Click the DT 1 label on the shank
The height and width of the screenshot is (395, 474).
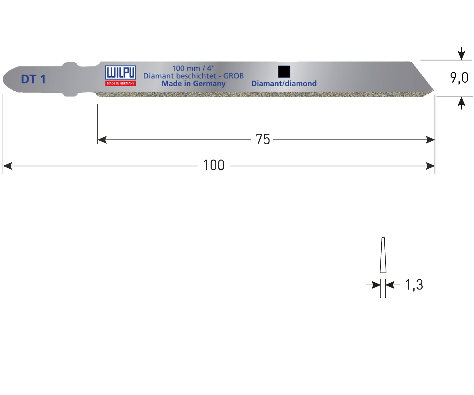tap(33, 79)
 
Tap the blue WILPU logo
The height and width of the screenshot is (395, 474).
tap(121, 73)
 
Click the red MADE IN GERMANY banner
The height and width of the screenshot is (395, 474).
tap(121, 83)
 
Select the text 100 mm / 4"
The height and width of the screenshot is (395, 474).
tap(193, 68)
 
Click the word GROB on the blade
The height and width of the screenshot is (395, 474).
tap(233, 76)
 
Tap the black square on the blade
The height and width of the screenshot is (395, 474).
tap(284, 72)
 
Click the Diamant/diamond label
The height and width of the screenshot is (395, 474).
tap(284, 84)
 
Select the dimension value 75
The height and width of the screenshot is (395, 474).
tap(263, 139)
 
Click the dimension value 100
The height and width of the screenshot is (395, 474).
tap(214, 165)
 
